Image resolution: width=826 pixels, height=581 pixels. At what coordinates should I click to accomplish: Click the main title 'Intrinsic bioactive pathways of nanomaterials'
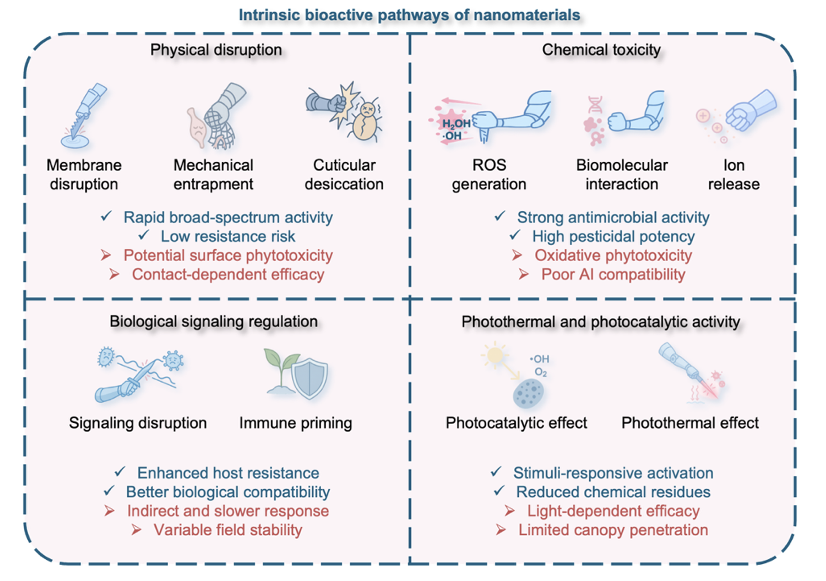(x=409, y=15)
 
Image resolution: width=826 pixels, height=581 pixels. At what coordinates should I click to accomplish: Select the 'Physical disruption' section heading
(x=216, y=50)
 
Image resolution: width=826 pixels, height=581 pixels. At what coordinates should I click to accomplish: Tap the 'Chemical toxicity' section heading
(x=601, y=50)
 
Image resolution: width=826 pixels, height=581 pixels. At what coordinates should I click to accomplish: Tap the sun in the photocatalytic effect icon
(x=495, y=355)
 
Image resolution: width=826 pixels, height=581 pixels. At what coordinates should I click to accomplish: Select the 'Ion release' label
(x=734, y=175)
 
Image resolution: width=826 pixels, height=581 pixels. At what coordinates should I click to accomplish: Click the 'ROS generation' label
(x=489, y=175)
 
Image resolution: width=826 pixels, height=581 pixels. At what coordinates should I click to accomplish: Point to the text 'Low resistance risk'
(x=228, y=236)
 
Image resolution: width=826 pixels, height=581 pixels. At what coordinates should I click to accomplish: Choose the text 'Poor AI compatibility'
(x=613, y=274)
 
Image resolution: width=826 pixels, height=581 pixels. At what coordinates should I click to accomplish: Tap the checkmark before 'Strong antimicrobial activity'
(x=500, y=216)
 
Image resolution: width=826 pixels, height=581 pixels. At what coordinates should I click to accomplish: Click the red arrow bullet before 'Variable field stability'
(x=136, y=530)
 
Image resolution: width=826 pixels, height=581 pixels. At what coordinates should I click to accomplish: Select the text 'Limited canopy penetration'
(x=613, y=530)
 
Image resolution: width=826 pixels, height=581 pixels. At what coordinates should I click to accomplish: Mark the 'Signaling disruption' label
(x=138, y=423)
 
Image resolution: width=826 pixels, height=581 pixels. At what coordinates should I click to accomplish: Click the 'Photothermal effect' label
(x=690, y=423)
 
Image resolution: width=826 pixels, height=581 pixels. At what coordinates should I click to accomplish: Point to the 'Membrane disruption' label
(x=84, y=175)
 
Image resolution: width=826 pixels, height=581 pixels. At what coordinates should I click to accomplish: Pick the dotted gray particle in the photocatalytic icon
(x=528, y=394)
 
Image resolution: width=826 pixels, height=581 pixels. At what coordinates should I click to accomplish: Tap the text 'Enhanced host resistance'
(x=228, y=473)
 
